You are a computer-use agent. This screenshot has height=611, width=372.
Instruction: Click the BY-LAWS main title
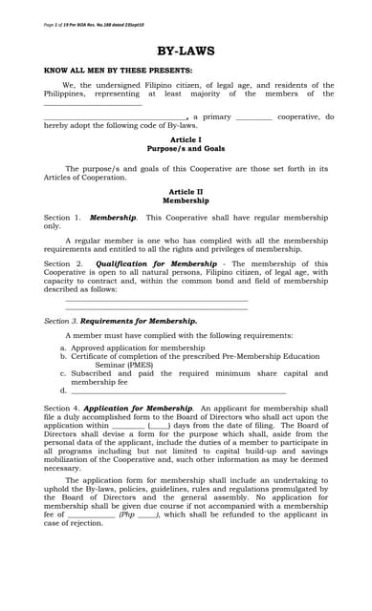tap(186, 51)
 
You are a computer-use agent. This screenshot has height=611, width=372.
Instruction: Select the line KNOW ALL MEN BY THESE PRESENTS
tap(119, 71)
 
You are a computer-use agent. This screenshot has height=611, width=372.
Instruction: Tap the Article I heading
tap(186, 140)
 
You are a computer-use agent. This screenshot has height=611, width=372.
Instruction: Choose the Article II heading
tap(186, 192)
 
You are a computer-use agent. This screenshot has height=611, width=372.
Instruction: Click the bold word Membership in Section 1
tap(113, 218)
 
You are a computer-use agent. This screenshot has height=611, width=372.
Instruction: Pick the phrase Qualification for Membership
tap(156, 263)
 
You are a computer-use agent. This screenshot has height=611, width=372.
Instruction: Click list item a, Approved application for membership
tap(138, 348)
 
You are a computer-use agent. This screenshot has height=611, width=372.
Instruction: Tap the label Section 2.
tap(63, 263)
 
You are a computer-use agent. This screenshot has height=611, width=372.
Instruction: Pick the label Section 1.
tap(63, 218)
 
